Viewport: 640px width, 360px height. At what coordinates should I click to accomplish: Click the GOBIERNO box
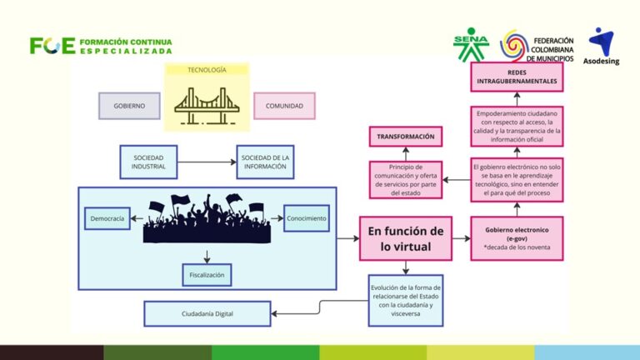pos(129,106)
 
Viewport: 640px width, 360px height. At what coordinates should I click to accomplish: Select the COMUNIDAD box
pos(284,106)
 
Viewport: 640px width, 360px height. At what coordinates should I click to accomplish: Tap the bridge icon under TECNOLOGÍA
pos(207,106)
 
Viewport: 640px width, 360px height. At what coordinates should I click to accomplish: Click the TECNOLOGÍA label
pos(207,70)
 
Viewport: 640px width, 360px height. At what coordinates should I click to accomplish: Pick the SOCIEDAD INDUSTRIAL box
pos(148,162)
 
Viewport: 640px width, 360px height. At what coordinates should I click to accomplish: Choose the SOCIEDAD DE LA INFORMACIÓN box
pos(265,162)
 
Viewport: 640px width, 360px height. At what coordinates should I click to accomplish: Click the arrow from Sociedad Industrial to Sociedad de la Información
pos(207,162)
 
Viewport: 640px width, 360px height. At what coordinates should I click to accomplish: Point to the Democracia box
pos(107,218)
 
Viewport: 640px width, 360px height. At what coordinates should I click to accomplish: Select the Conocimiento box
pos(307,218)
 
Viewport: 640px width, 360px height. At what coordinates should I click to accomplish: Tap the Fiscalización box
pos(207,275)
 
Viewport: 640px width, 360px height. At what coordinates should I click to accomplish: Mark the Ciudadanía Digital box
pos(207,313)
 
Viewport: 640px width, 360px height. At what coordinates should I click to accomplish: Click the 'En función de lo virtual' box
pos(406,239)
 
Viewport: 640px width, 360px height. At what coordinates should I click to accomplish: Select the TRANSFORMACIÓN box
pos(406,137)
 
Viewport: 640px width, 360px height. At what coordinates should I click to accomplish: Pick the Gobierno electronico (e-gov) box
pos(517,239)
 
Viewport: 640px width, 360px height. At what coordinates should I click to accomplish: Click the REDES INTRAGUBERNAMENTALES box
pos(517,77)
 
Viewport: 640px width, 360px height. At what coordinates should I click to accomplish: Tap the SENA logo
pos(471,44)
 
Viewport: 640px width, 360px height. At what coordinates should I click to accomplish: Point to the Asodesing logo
pos(601,46)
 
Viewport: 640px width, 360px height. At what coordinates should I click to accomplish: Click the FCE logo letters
pos(52,46)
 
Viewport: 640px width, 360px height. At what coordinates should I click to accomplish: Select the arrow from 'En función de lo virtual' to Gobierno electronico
pos(461,238)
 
